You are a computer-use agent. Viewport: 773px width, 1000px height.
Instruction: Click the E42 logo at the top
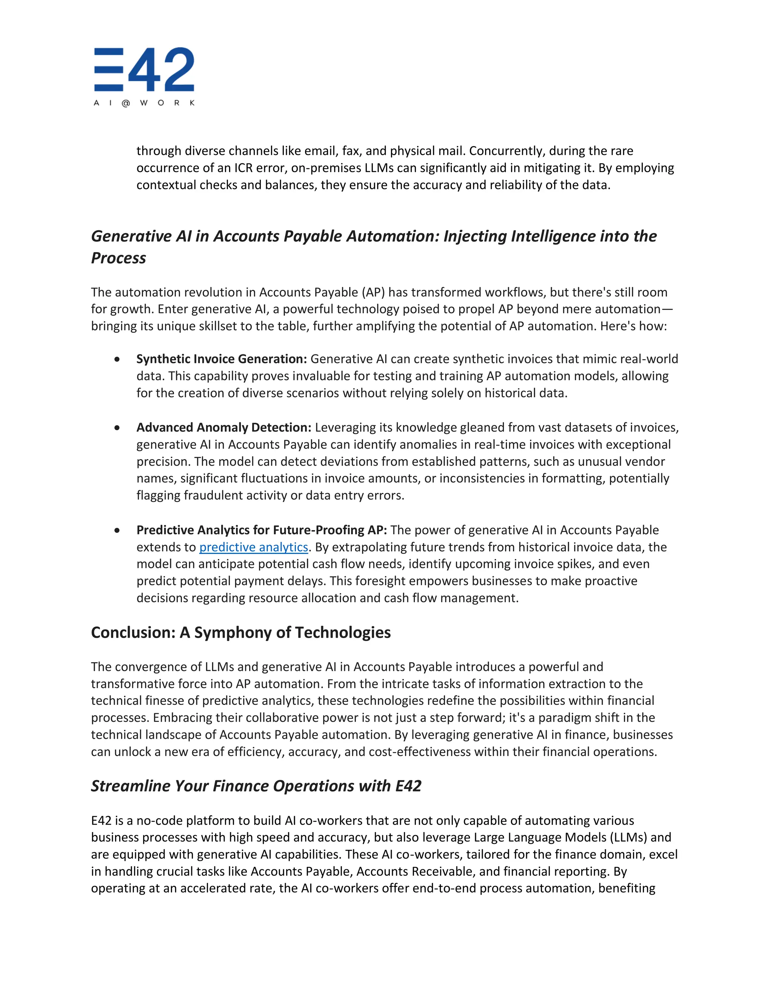pyautogui.click(x=144, y=69)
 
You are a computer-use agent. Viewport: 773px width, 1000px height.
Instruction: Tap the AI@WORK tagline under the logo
pyautogui.click(x=144, y=103)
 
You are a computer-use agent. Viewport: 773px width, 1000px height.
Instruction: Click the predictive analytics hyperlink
pyautogui.click(x=254, y=547)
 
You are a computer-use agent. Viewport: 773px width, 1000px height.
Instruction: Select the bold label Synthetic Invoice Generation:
pyautogui.click(x=222, y=359)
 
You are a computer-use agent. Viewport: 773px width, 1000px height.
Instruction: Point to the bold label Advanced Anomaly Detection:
pyautogui.click(x=223, y=427)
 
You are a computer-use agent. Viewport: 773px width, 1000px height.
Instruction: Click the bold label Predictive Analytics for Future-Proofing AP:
pyautogui.click(x=262, y=530)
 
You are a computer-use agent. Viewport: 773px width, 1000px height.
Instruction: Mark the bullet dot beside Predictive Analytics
pyautogui.click(x=117, y=530)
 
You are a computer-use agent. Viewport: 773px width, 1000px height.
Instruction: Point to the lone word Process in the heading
pyautogui.click(x=119, y=258)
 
